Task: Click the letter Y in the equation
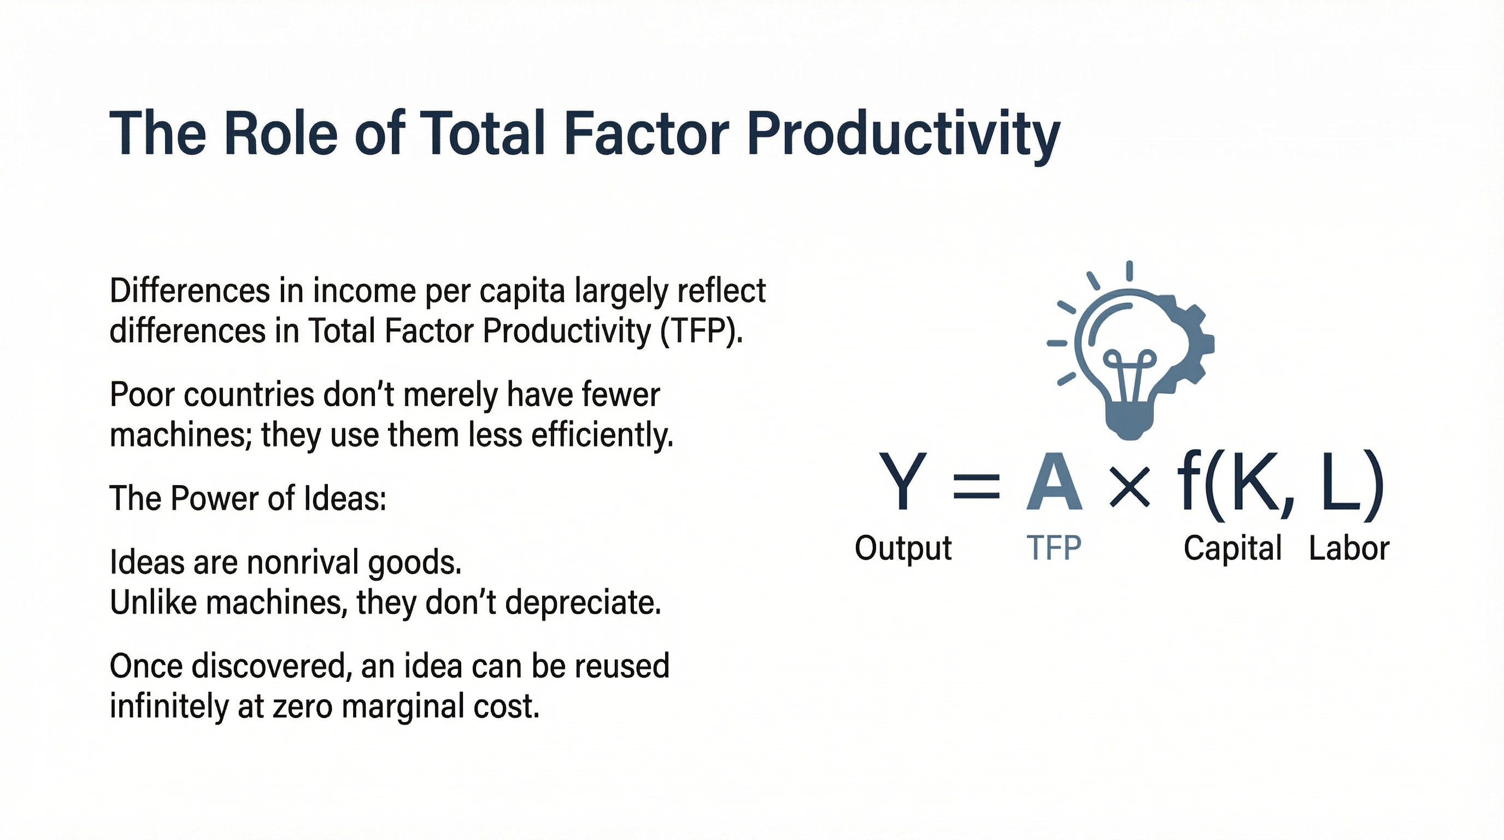point(902,482)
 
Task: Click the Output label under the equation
point(903,549)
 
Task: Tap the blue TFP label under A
point(1054,549)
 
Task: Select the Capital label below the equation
point(1232,549)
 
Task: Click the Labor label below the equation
point(1349,549)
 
